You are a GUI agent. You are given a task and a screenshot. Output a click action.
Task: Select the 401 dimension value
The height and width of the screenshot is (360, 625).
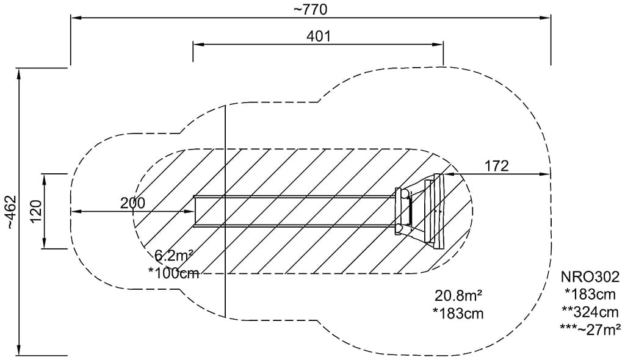(x=319, y=36)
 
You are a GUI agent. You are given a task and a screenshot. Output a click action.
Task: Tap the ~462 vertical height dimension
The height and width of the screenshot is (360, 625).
(x=10, y=212)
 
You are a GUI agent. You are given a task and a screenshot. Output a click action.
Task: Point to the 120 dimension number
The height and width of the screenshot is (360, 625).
(x=35, y=211)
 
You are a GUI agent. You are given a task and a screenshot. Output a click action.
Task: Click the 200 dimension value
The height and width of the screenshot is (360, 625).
(x=132, y=203)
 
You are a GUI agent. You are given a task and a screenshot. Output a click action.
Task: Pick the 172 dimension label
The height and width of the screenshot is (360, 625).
(x=497, y=165)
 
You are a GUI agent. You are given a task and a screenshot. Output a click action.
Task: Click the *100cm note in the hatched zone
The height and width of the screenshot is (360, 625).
(x=173, y=273)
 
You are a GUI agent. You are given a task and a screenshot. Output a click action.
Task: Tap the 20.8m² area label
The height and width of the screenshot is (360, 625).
(x=458, y=296)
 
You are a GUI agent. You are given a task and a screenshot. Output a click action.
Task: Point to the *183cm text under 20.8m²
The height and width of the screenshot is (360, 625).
(x=458, y=314)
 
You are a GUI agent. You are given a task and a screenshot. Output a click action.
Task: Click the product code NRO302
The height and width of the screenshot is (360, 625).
(x=590, y=276)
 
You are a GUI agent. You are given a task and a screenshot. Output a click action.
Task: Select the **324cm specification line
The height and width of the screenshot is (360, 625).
(x=590, y=311)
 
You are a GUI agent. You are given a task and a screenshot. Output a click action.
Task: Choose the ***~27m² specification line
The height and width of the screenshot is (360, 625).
(x=590, y=329)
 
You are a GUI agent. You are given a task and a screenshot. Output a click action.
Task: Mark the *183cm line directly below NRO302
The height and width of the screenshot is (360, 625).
(x=590, y=294)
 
